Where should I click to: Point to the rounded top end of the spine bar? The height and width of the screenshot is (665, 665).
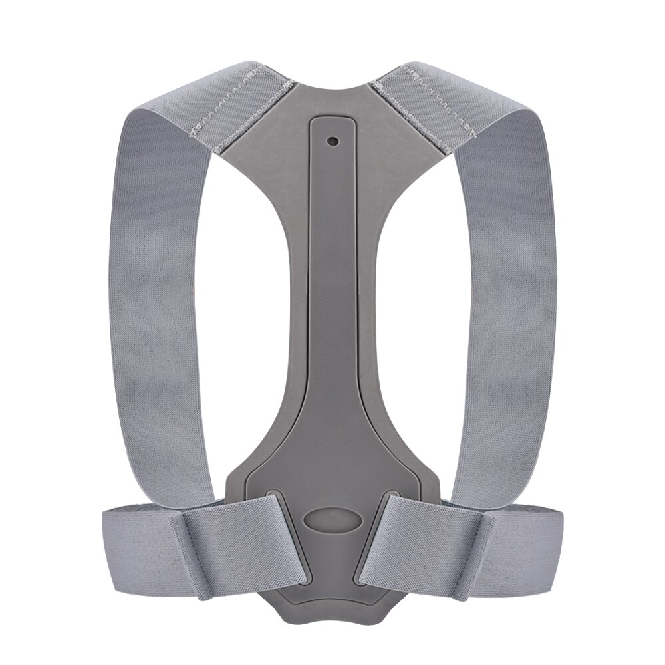coord(332,123)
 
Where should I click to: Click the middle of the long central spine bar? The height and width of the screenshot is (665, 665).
coord(332,299)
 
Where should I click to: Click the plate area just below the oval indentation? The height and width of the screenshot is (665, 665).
coord(332,565)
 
